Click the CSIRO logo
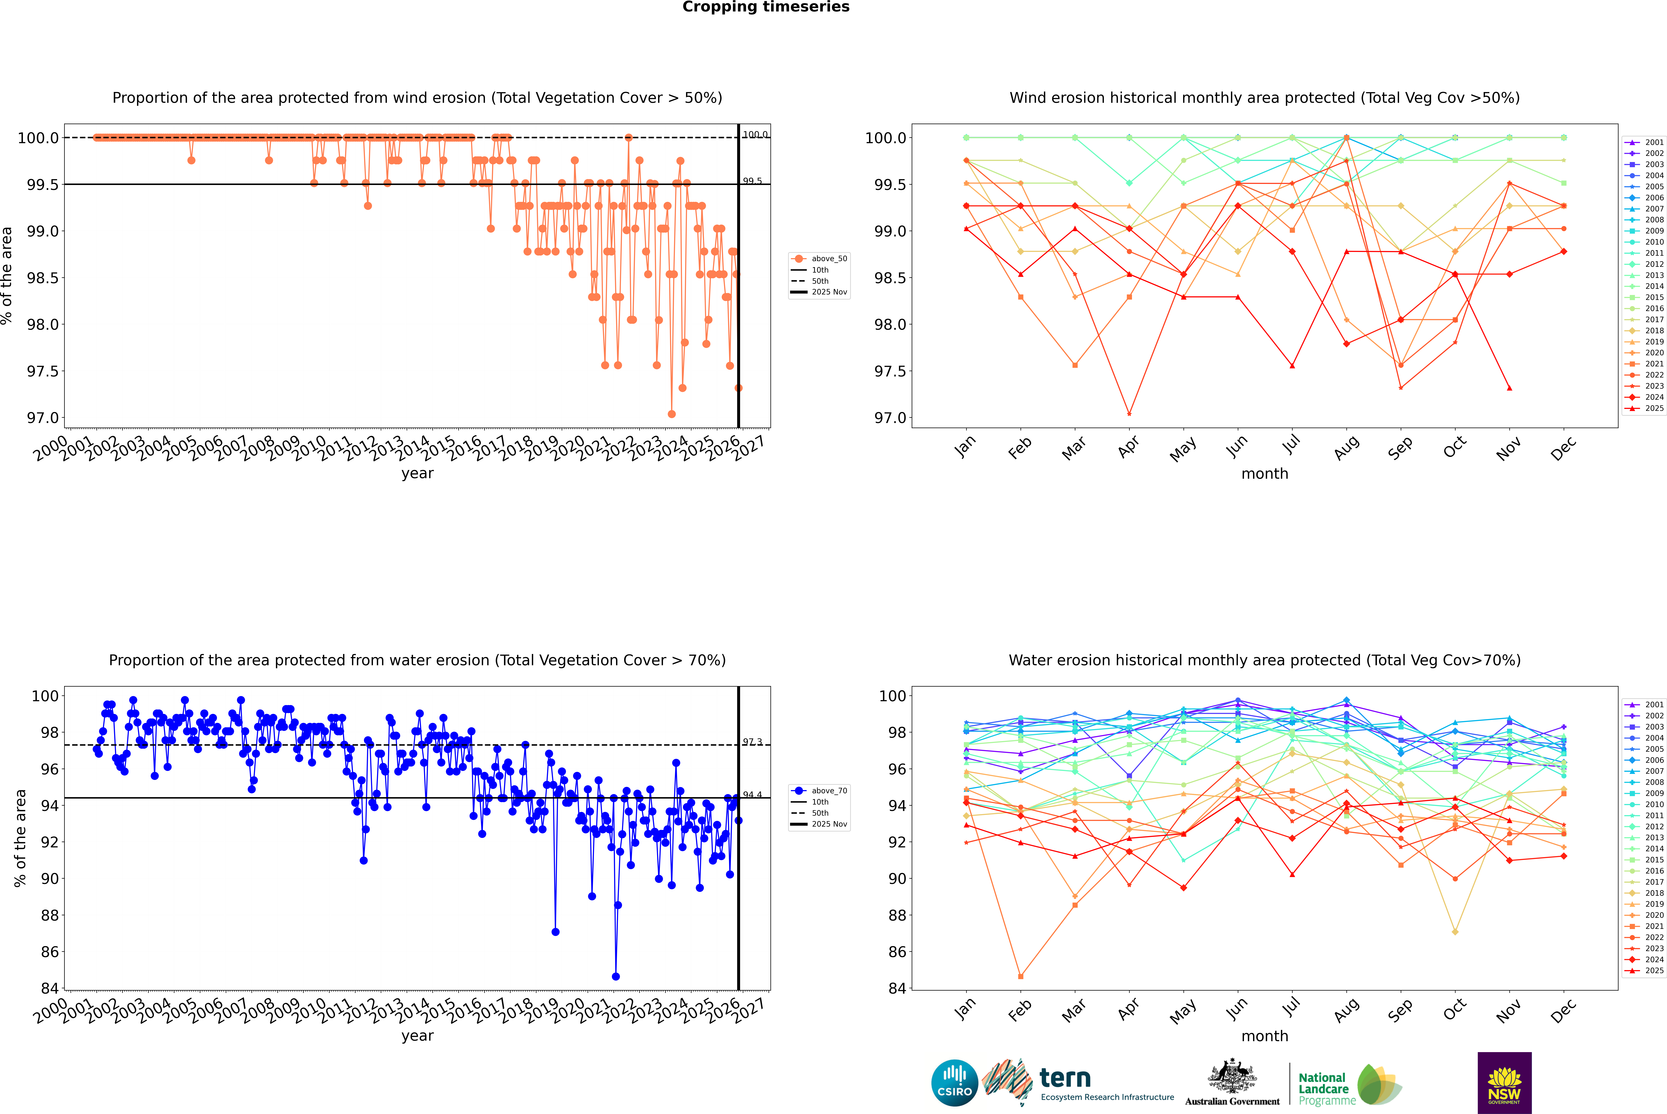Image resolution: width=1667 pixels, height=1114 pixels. point(954,1083)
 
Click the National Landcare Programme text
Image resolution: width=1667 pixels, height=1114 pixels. point(1323,1088)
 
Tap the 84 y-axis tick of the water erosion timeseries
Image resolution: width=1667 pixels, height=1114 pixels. point(50,988)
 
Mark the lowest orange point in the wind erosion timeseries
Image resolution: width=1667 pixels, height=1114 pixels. point(672,414)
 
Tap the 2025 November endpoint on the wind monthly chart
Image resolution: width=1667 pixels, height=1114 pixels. point(1509,388)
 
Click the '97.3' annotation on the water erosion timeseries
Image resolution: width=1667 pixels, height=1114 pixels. point(752,742)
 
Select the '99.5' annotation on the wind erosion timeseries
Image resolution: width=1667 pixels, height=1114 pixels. point(752,181)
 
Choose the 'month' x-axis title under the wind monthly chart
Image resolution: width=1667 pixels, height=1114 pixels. point(1264,474)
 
